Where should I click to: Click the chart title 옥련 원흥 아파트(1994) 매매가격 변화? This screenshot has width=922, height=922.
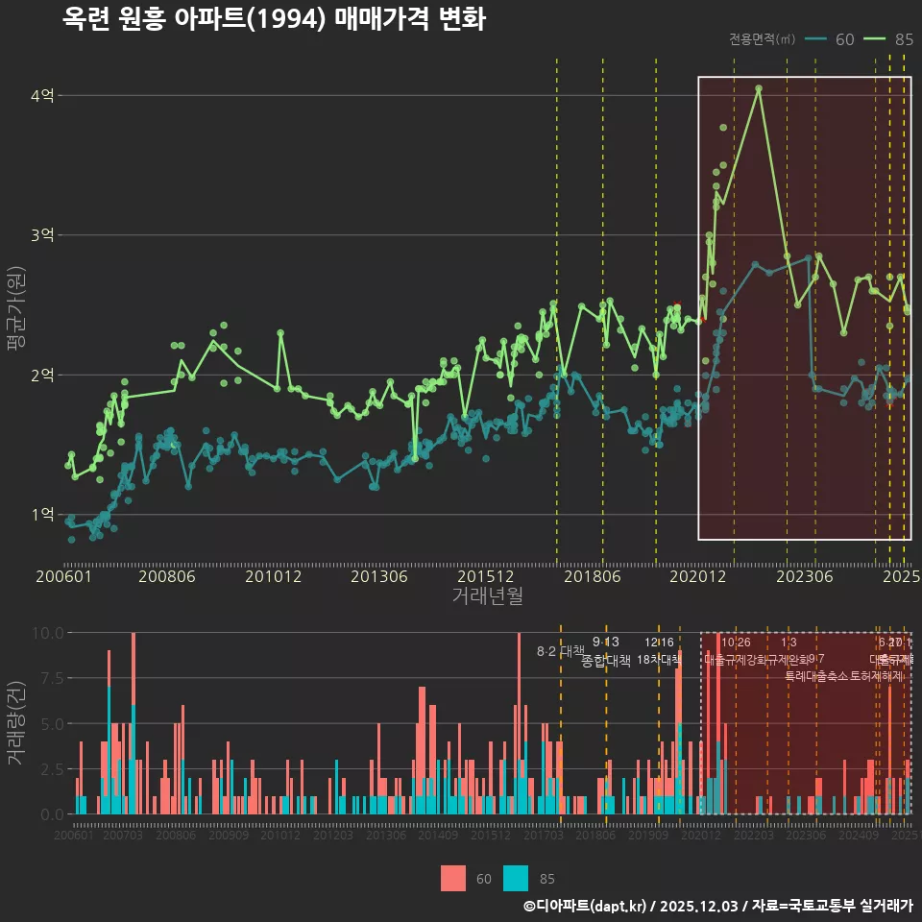274,19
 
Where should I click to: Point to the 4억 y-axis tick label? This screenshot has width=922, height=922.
42,95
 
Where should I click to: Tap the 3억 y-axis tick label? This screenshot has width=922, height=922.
42,235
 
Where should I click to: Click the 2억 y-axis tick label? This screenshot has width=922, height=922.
42,375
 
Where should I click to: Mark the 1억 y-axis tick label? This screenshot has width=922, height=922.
42,515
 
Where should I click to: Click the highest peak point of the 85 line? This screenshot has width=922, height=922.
759,88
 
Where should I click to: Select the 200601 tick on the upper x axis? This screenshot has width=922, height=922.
63,577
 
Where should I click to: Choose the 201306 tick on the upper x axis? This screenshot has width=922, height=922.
379,577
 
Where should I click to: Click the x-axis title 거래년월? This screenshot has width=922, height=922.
487,595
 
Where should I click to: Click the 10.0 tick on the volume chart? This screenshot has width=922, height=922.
48,633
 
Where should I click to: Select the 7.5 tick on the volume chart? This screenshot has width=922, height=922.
51,678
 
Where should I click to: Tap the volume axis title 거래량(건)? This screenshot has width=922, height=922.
16,723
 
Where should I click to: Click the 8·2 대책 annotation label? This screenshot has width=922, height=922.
560,651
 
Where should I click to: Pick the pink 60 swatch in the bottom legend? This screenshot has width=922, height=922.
453,878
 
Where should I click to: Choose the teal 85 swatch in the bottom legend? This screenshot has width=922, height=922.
516,878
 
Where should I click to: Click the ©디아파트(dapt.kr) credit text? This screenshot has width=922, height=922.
587,906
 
